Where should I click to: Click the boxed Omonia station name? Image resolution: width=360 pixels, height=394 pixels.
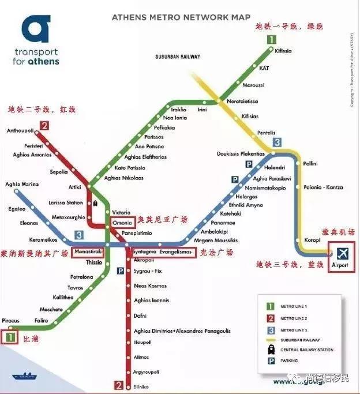click(x=123, y=222)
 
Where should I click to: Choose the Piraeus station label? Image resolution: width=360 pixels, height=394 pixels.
click(x=10, y=320)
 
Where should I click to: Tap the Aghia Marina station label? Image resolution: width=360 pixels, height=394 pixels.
click(x=22, y=185)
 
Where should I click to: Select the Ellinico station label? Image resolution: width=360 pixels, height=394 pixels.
click(x=141, y=386)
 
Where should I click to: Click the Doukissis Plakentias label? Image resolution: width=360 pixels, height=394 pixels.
click(x=241, y=154)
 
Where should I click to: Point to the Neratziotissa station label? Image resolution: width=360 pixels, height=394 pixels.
click(x=242, y=101)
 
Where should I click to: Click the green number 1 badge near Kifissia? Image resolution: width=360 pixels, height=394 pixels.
click(x=271, y=40)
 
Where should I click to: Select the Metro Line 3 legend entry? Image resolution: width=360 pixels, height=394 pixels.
click(x=291, y=329)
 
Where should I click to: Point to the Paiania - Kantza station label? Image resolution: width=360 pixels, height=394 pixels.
click(x=323, y=187)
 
